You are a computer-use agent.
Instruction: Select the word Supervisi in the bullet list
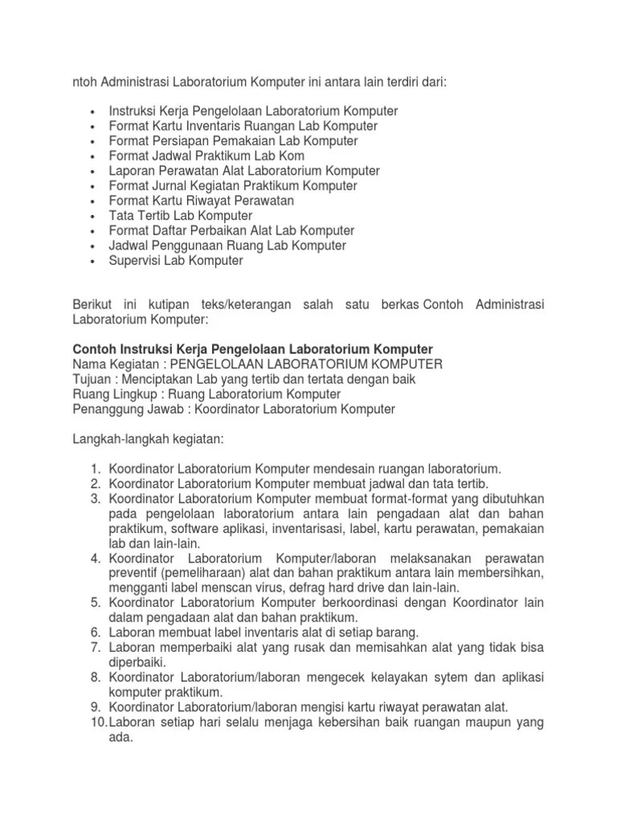(x=135, y=261)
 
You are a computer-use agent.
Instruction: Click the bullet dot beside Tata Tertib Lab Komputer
(x=94, y=217)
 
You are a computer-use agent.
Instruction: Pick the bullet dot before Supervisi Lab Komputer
(x=94, y=262)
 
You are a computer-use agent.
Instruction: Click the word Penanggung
(x=104, y=409)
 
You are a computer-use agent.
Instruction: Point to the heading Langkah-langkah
(x=122, y=440)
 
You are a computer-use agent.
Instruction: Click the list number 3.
(x=94, y=499)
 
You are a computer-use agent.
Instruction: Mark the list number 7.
(x=94, y=647)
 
